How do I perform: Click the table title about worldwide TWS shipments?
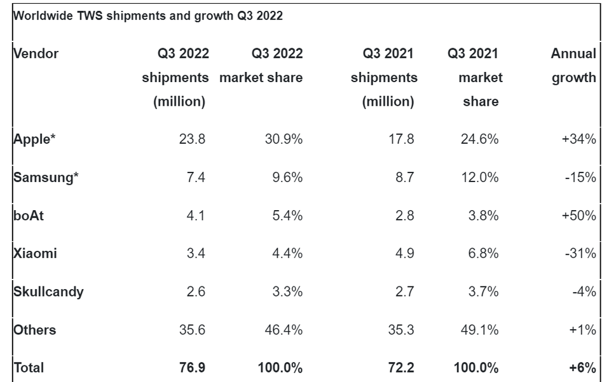(147, 17)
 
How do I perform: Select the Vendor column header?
(36, 53)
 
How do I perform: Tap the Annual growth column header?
(573, 66)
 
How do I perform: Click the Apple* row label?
(35, 139)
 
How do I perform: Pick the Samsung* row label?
(46, 177)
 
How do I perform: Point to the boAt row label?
(29, 215)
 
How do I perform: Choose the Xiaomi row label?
(35, 253)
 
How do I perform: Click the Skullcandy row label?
(48, 292)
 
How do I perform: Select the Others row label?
(34, 330)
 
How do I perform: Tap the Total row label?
(29, 367)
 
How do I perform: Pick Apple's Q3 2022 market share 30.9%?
(284, 139)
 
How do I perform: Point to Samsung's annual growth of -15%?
(580, 177)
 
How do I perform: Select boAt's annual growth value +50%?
(578, 215)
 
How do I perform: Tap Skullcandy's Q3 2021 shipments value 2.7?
(404, 292)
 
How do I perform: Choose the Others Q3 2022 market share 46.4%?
(284, 330)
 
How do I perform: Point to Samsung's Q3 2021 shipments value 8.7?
(404, 177)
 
